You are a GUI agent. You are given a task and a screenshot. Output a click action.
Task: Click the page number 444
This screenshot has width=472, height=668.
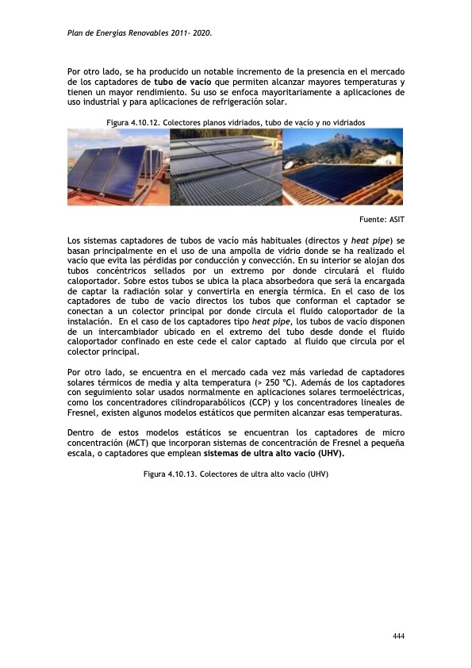click(x=398, y=636)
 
